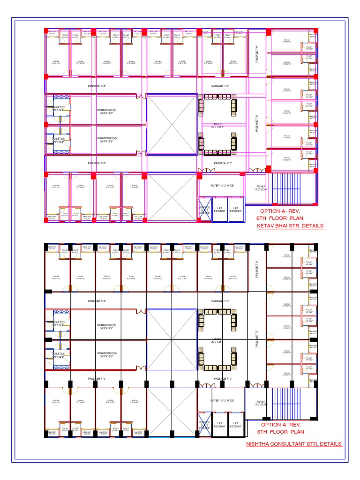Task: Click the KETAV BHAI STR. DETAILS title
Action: [290, 226]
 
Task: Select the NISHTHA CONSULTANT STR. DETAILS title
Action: [294, 444]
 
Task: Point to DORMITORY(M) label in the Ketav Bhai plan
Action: [107, 140]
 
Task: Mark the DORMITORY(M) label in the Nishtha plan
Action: [107, 354]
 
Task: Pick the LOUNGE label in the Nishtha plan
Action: [217, 339]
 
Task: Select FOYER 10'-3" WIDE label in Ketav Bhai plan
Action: [222, 186]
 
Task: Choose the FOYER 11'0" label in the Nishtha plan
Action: [261, 403]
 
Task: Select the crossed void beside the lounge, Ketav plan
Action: [172, 124]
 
